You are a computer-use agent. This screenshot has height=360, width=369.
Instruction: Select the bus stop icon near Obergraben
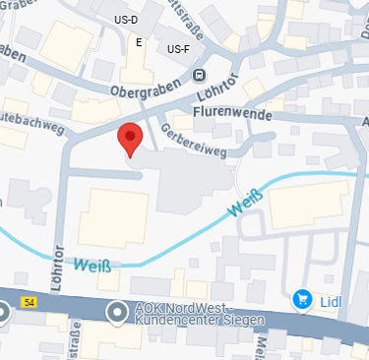[201, 75]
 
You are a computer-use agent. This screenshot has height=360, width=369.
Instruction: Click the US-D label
[154, 21]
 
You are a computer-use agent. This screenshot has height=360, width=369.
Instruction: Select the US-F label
[179, 48]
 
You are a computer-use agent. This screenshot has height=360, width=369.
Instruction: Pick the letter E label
[139, 42]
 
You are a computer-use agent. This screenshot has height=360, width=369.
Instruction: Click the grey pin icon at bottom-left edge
[3, 313]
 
